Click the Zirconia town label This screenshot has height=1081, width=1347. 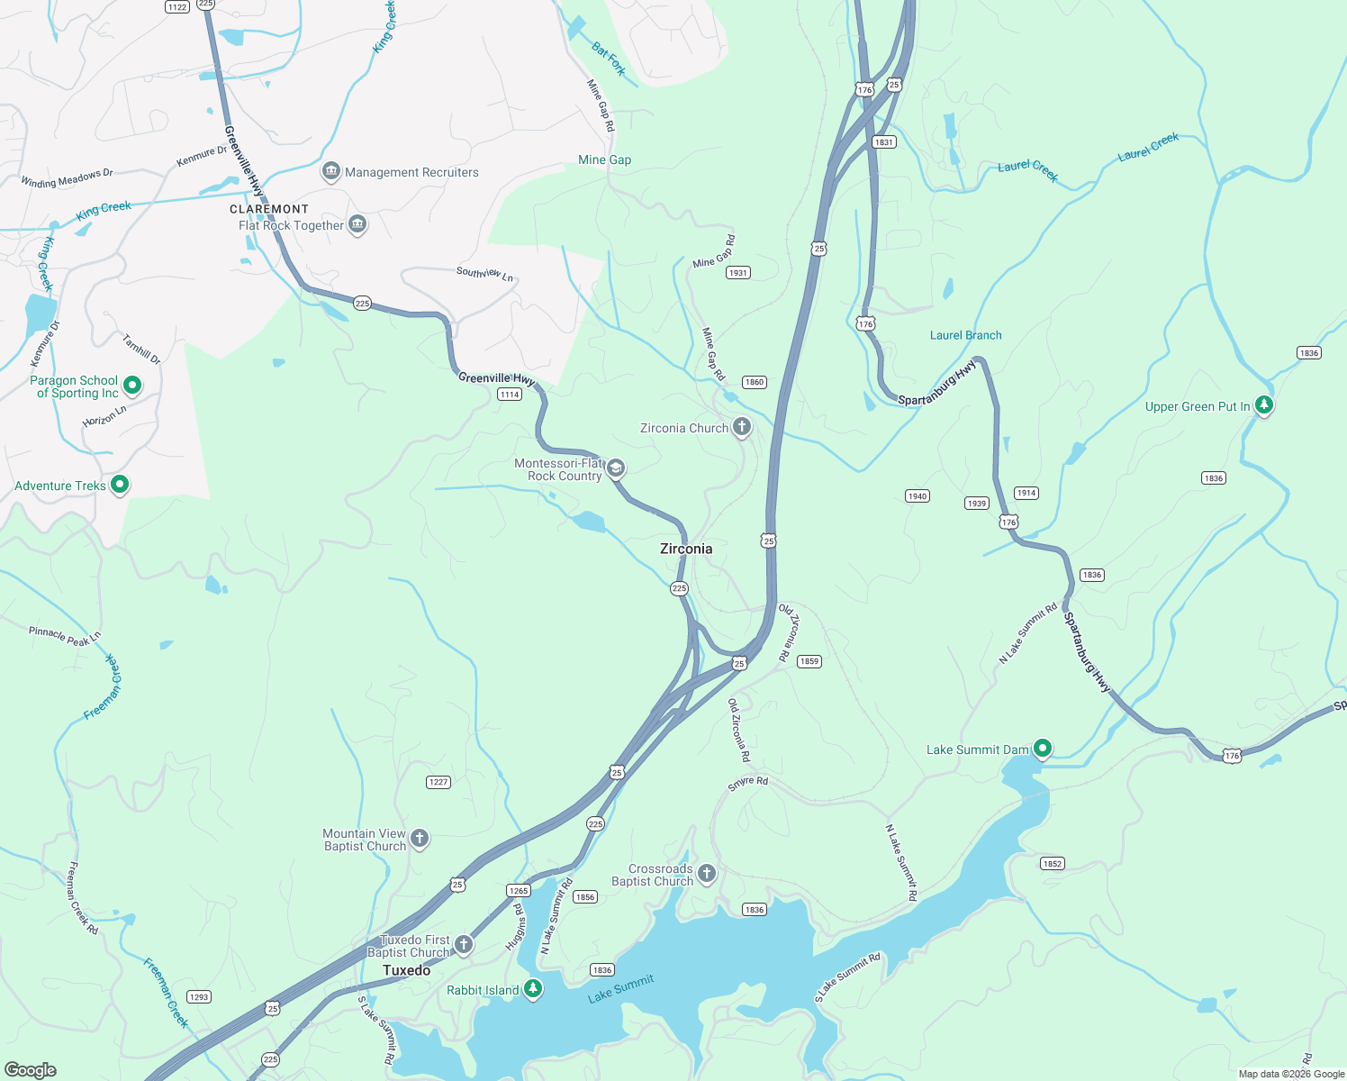(x=686, y=549)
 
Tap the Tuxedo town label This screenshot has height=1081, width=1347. (x=407, y=970)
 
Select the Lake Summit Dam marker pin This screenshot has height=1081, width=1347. (x=1043, y=748)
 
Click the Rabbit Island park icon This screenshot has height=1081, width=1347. (x=533, y=989)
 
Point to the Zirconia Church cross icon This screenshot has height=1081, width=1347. (x=742, y=427)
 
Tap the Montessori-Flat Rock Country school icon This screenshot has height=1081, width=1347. (x=616, y=468)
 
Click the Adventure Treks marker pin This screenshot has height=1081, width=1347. (x=119, y=485)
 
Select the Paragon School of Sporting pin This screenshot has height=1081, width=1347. (x=132, y=386)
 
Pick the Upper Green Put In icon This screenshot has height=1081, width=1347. (x=1264, y=405)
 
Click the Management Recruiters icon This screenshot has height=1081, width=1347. (x=330, y=171)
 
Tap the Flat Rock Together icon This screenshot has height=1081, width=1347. (x=357, y=224)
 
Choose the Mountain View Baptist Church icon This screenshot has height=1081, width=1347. (x=420, y=839)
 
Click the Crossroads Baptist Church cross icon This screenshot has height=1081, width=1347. (x=707, y=873)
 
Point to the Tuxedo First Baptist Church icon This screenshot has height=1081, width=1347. (x=464, y=944)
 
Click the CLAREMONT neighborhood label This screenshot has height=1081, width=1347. (x=269, y=209)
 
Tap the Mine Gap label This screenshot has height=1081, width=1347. (x=604, y=159)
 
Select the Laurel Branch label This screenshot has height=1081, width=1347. (x=965, y=335)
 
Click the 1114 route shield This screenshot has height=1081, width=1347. (x=510, y=395)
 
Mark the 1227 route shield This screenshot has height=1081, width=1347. (x=438, y=782)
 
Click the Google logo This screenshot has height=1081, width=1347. (x=31, y=1070)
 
